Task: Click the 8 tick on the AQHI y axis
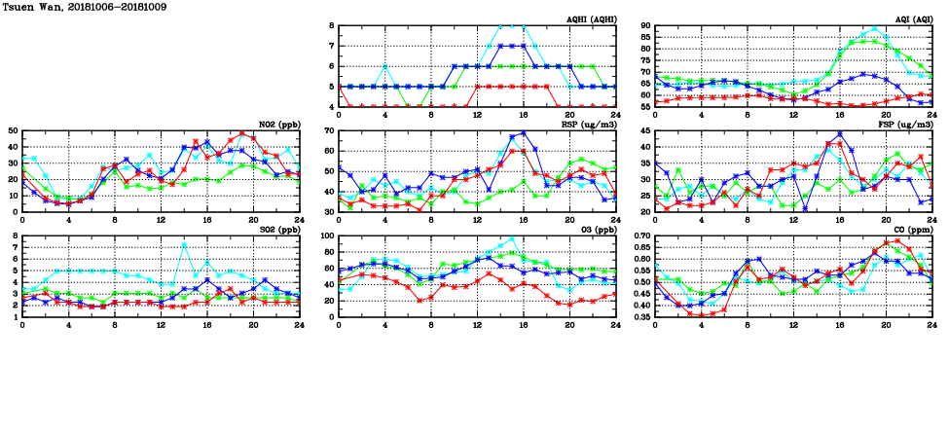tap(332, 26)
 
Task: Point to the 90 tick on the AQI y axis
tap(645, 26)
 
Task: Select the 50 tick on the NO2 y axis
tap(13, 130)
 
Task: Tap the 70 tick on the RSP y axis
tap(330, 130)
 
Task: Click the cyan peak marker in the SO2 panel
tap(184, 244)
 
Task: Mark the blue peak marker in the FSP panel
tap(840, 134)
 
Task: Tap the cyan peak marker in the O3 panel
tap(512, 238)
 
